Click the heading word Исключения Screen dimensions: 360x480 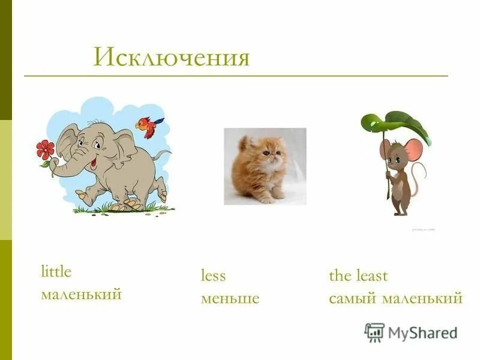click(171, 58)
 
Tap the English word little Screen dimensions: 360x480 click(56, 272)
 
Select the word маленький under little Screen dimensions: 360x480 click(81, 295)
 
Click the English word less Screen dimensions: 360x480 click(213, 276)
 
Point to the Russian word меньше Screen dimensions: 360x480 click(230, 298)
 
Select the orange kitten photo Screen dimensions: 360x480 click(265, 166)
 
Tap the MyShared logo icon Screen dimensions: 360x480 click(374, 332)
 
